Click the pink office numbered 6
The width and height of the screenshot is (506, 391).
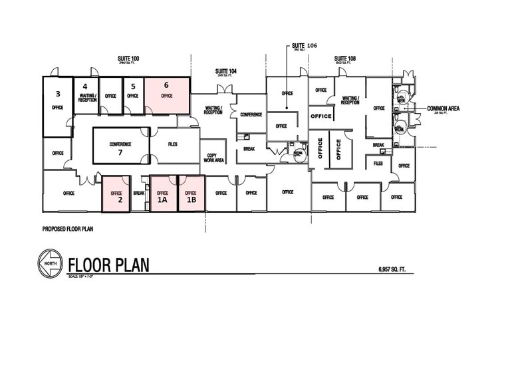pos(166,94)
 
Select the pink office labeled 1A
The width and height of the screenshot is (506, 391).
pos(163,194)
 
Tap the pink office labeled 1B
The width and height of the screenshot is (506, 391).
pos(191,194)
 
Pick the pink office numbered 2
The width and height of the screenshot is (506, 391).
pos(116,194)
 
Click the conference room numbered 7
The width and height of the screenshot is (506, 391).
pos(120,145)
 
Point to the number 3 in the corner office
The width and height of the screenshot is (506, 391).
pos(58,94)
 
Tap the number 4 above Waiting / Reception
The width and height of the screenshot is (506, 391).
pos(85,86)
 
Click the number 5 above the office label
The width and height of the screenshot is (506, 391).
pos(133,86)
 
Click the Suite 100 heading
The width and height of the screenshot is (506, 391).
pos(128,59)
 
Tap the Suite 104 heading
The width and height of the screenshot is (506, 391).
pos(226,70)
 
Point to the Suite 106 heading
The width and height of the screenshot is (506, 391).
pos(305,46)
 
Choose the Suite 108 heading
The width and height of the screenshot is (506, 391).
pos(345,59)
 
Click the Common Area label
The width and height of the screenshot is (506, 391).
pos(443,108)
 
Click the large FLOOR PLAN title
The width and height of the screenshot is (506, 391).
pos(108,264)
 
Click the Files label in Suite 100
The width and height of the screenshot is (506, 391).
pos(173,144)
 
